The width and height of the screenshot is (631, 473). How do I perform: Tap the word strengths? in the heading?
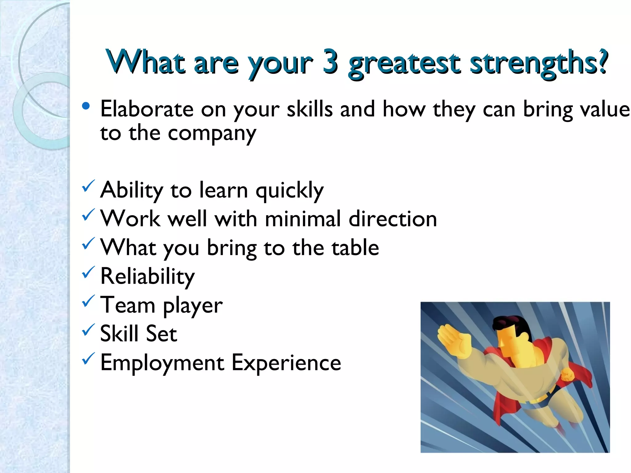click(x=539, y=63)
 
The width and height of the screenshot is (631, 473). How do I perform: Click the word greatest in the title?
click(x=404, y=64)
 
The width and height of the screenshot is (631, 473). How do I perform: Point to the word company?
click(x=212, y=134)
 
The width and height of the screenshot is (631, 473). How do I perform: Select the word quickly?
click(x=290, y=191)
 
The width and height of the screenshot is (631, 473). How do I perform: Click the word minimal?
click(x=303, y=219)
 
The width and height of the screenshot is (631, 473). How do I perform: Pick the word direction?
click(x=393, y=219)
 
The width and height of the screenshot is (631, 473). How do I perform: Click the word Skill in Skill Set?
click(x=119, y=334)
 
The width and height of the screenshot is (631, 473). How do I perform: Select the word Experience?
click(x=286, y=363)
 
